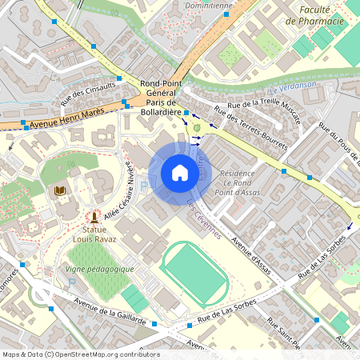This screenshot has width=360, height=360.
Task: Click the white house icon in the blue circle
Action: tap(179, 173)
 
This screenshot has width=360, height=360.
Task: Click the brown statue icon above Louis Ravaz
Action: tap(94, 216)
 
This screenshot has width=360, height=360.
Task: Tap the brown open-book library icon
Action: tap(60, 191)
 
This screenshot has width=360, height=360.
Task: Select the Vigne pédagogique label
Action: tap(101, 269)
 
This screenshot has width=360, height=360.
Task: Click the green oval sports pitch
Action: tap(194, 273)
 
